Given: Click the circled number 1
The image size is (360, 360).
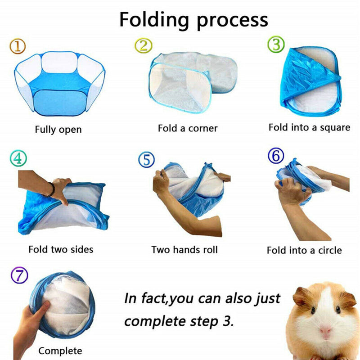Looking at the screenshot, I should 17,46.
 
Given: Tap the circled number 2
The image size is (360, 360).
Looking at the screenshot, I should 144,45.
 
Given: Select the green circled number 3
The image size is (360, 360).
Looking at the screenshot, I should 276,45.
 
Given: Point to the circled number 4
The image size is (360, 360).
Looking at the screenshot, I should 18,158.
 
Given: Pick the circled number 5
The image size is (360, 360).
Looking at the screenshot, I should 146,160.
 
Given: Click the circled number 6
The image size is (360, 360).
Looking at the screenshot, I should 276,156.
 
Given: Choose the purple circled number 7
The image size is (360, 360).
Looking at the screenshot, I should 19,275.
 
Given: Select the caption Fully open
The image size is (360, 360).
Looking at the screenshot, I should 58,130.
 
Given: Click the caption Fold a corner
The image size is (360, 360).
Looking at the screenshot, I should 188,128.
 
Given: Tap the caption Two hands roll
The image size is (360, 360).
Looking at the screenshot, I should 184,249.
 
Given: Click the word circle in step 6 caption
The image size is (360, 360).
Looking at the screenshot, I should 329,250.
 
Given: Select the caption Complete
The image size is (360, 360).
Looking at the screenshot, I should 60,351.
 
